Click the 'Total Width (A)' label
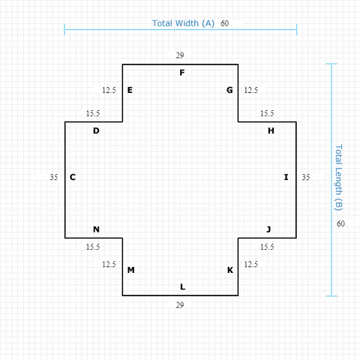pyautogui.click(x=183, y=23)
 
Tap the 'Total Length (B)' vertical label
pyautogui.click(x=338, y=178)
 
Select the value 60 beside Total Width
pyautogui.click(x=224, y=23)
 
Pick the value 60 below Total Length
pyautogui.click(x=340, y=223)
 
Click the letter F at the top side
pyautogui.click(x=182, y=73)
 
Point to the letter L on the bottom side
pyautogui.click(x=183, y=286)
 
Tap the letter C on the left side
pyautogui.click(x=73, y=177)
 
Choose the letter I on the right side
pyautogui.click(x=286, y=177)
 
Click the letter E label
pyautogui.click(x=130, y=90)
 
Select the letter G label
pyautogui.click(x=229, y=90)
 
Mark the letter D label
pyautogui.click(x=96, y=130)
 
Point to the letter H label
pyautogui.click(x=271, y=130)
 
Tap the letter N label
pyautogui.click(x=96, y=229)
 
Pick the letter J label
pyautogui.click(x=268, y=229)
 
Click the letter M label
pyautogui.click(x=131, y=270)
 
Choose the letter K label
pyautogui.click(x=230, y=270)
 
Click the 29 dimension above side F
pyautogui.click(x=180, y=55)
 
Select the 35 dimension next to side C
pyautogui.click(x=54, y=177)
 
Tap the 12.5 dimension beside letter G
pyautogui.click(x=251, y=90)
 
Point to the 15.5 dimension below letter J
pyautogui.click(x=267, y=247)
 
